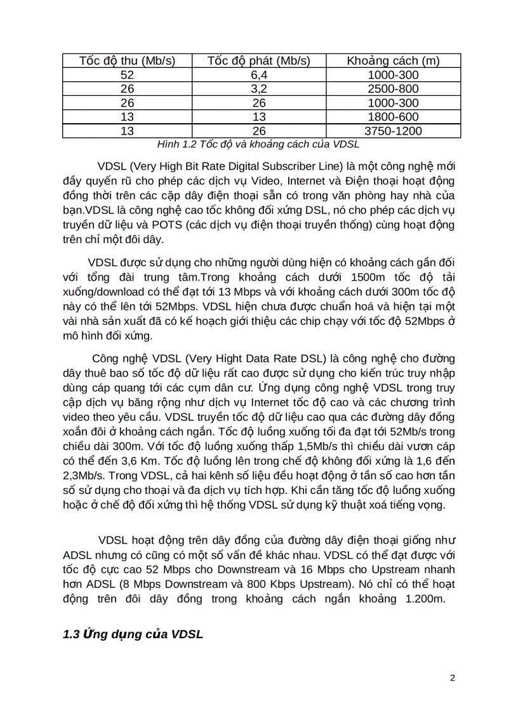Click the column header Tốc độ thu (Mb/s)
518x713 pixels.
click(127, 61)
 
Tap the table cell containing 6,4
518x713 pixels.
click(258, 76)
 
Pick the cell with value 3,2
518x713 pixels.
click(258, 90)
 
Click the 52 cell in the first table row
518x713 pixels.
click(127, 76)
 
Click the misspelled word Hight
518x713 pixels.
click(227, 359)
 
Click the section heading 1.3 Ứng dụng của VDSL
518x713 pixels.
click(133, 634)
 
